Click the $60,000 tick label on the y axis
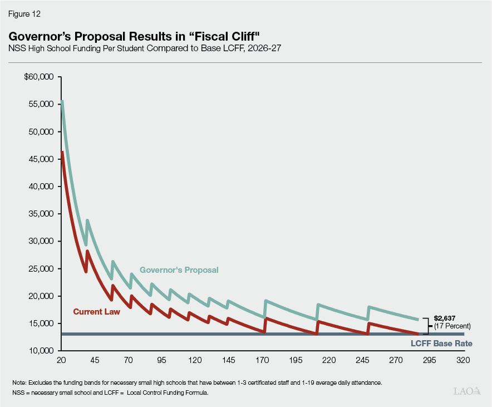[x=38, y=77]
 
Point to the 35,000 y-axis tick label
[x=40, y=214]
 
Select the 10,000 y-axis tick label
[x=40, y=351]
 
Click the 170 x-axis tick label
[x=262, y=360]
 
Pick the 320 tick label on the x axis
[x=463, y=360]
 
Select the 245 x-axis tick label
[x=362, y=360]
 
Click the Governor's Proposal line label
[x=179, y=270]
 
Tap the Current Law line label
[x=96, y=312]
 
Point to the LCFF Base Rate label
[x=441, y=344]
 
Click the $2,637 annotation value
[x=445, y=318]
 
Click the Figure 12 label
[x=24, y=13]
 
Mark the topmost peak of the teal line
[x=62, y=101]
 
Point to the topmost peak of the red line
[x=62, y=151]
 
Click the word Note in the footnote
[x=20, y=383]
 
